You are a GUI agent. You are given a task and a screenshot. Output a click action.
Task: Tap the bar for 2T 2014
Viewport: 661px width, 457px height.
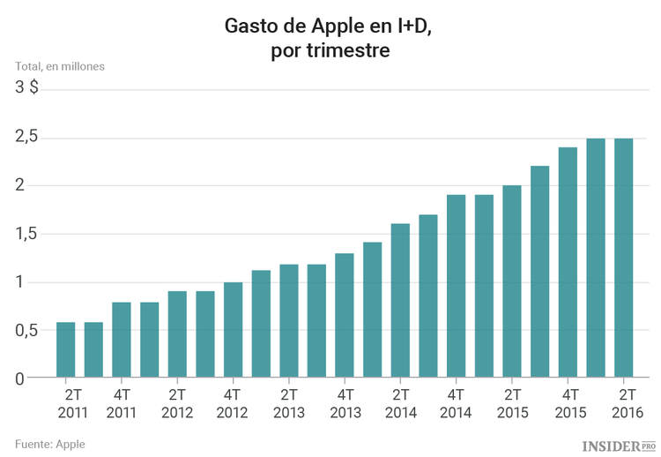pyautogui.click(x=400, y=301)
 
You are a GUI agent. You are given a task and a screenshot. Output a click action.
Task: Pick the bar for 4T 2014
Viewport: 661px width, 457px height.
pyautogui.click(x=456, y=286)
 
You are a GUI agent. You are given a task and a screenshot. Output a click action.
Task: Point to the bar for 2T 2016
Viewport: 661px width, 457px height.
pyautogui.click(x=624, y=258)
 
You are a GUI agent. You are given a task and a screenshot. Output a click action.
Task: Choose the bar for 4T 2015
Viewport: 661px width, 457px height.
pyautogui.click(x=568, y=262)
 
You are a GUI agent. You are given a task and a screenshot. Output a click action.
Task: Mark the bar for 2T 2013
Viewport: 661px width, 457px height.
pyautogui.click(x=288, y=321)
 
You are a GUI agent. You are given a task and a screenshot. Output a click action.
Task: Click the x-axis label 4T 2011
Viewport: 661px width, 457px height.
pyautogui.click(x=122, y=403)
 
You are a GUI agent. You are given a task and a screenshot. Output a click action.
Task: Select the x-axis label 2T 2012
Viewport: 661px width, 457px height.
pyautogui.click(x=177, y=403)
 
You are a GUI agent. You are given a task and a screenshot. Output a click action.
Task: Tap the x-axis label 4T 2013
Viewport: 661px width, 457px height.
pyautogui.click(x=345, y=403)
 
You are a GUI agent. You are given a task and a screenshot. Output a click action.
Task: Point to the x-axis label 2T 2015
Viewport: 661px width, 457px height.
pyautogui.click(x=512, y=403)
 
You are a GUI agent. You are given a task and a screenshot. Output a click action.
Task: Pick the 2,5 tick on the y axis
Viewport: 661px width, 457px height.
pyautogui.click(x=26, y=137)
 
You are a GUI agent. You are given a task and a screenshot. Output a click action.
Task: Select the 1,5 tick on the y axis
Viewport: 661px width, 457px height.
pyautogui.click(x=26, y=234)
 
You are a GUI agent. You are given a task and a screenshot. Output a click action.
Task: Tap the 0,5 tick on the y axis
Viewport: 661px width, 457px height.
pyautogui.click(x=26, y=330)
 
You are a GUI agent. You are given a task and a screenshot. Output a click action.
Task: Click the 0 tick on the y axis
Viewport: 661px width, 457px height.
pyautogui.click(x=19, y=378)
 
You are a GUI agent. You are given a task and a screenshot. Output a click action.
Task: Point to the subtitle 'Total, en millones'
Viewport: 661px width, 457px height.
pyautogui.click(x=59, y=66)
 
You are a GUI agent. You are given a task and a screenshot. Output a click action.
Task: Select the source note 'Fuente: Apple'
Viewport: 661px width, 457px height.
pyautogui.click(x=50, y=443)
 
